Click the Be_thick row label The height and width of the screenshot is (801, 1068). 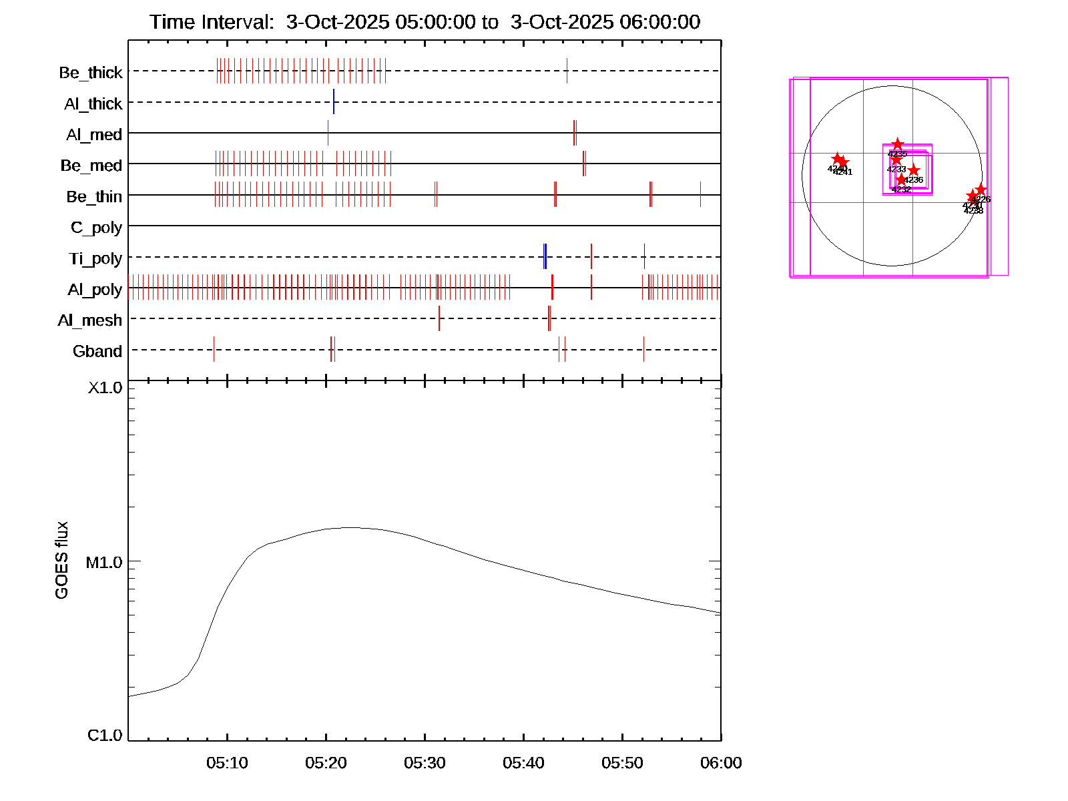click(x=91, y=73)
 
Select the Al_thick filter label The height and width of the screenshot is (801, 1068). click(x=93, y=104)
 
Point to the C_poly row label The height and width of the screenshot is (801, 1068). click(x=96, y=228)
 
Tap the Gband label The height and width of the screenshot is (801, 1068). click(x=97, y=352)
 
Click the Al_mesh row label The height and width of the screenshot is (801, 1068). click(x=90, y=321)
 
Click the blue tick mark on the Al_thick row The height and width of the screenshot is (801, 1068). click(x=334, y=101)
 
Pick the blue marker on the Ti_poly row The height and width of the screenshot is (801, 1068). click(x=545, y=256)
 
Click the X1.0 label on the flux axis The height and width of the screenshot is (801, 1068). click(x=105, y=388)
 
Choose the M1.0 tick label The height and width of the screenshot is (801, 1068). click(x=104, y=563)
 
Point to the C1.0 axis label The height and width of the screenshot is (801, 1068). click(x=105, y=736)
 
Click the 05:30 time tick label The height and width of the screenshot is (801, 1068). click(x=425, y=763)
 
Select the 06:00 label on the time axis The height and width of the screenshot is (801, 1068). click(x=721, y=763)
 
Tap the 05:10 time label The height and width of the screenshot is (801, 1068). click(x=227, y=763)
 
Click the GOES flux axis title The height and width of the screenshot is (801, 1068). click(x=61, y=561)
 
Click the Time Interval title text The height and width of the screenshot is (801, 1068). click(x=425, y=22)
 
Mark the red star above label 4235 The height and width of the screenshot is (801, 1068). click(x=898, y=144)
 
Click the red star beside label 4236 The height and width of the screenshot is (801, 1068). click(x=914, y=171)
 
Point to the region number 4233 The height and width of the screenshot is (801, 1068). click(x=896, y=170)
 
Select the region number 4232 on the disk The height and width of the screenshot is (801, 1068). click(x=901, y=190)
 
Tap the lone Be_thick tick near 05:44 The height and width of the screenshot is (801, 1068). click(x=567, y=71)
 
